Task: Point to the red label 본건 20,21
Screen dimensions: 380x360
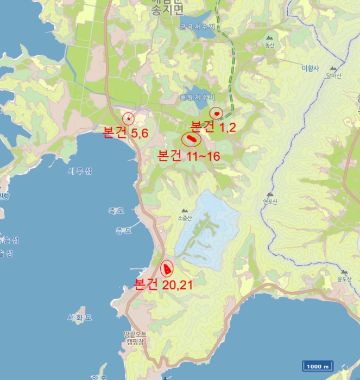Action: (x=163, y=284)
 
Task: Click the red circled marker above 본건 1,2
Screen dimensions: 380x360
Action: (x=217, y=113)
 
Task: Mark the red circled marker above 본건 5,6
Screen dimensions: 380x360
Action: (x=129, y=118)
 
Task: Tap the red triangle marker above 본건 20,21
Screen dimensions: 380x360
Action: (x=167, y=268)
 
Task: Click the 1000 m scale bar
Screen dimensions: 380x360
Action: (x=318, y=366)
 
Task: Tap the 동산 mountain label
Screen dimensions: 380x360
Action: (x=270, y=45)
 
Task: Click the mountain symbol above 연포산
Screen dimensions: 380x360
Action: (x=270, y=194)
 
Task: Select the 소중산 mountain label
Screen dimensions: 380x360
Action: (x=185, y=218)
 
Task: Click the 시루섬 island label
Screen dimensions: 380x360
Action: (x=80, y=172)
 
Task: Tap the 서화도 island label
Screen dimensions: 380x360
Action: (x=80, y=317)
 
